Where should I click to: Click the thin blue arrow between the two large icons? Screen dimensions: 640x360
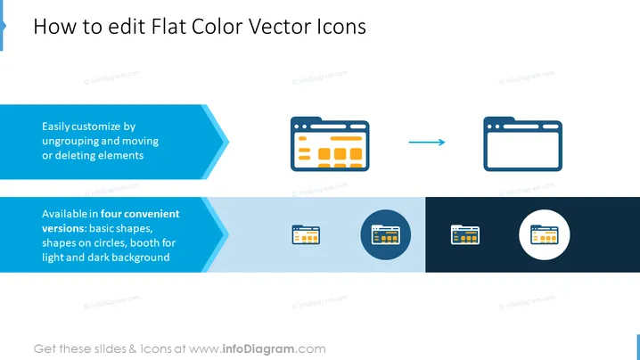click(427, 142)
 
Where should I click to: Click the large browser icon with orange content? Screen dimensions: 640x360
click(330, 144)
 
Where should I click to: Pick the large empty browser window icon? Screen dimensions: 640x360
click(523, 144)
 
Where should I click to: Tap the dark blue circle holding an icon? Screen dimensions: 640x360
click(386, 234)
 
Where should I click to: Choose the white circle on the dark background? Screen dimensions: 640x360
click(544, 234)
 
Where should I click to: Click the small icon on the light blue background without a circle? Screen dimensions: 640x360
click(306, 234)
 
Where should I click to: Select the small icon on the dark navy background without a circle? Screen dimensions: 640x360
click(465, 234)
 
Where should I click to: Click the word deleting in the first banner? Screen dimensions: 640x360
click(78, 156)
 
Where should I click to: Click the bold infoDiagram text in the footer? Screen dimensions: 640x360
click(258, 349)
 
